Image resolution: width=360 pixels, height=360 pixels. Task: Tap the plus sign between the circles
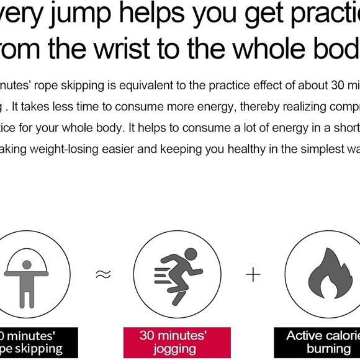point(253,274)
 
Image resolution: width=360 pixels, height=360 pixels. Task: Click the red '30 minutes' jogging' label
point(177,343)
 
